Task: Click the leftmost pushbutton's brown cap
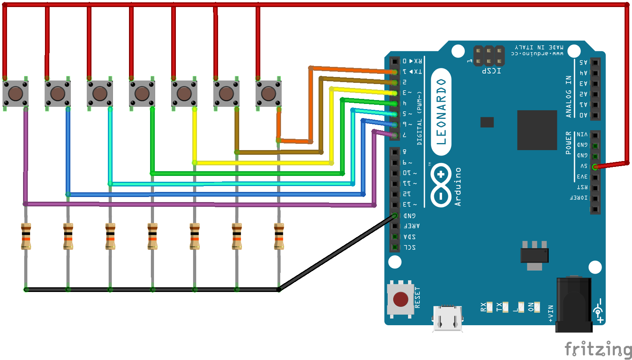[15, 94]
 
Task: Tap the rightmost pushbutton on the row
[269, 94]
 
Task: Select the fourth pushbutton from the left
[142, 94]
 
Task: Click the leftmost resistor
[26, 236]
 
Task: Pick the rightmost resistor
[279, 236]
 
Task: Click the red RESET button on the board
[401, 299]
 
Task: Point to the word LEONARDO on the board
[441, 112]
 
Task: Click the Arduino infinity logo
[441, 185]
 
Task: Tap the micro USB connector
[448, 317]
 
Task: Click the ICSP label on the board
[491, 71]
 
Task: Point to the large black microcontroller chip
[537, 130]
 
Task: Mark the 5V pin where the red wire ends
[595, 167]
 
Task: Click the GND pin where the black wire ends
[395, 216]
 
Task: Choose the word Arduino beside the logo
[458, 187]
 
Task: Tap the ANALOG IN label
[569, 97]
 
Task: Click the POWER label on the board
[569, 143]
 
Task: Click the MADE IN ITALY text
[539, 47]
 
